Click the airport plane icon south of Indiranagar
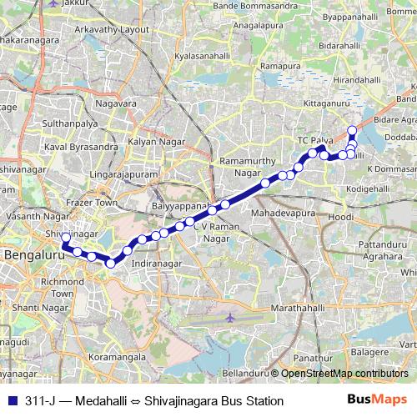point(231,318)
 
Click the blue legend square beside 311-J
point(11,401)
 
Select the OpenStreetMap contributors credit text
point(346,374)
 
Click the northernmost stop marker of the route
point(352,130)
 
